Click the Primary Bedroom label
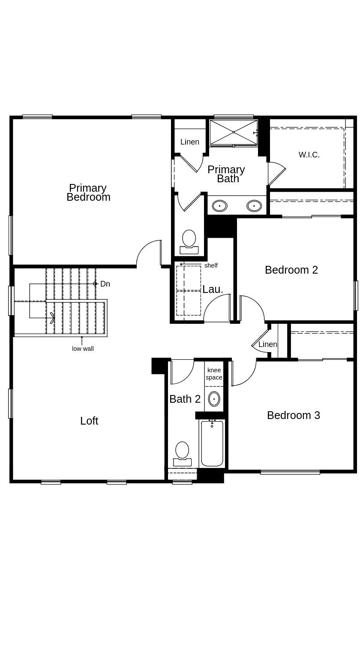pyautogui.click(x=88, y=193)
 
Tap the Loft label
pyautogui.click(x=89, y=421)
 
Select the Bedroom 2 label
pyautogui.click(x=291, y=270)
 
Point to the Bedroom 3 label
pyautogui.click(x=294, y=415)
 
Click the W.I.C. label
pyautogui.click(x=309, y=155)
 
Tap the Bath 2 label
pyautogui.click(x=185, y=399)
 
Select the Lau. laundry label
pyautogui.click(x=213, y=289)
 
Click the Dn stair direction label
pyautogui.click(x=105, y=284)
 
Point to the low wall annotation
pyautogui.click(x=83, y=349)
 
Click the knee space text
pyautogui.click(x=214, y=374)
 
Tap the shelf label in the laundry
pyautogui.click(x=211, y=265)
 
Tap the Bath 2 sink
pyautogui.click(x=214, y=399)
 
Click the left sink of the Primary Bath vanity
pyautogui.click(x=219, y=206)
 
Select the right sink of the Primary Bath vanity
pyautogui.click(x=254, y=206)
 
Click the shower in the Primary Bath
pyautogui.click(x=233, y=132)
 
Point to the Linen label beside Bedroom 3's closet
pyautogui.click(x=268, y=344)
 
